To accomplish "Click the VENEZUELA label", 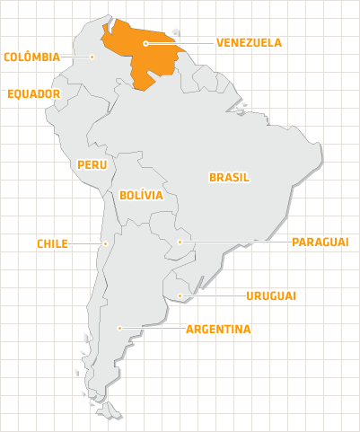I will point(249,42).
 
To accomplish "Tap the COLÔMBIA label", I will point(32,57).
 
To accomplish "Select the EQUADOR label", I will point(33,93).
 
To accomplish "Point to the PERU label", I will point(92,164).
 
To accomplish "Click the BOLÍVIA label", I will point(140,194).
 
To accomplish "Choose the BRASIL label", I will point(229,177).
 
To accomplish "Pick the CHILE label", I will point(52,243).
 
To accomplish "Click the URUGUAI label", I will point(271,295).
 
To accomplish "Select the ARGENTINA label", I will point(218,329).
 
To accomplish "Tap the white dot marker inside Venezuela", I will point(145,42).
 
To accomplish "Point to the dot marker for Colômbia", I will point(92,57).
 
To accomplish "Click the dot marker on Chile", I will point(105,242).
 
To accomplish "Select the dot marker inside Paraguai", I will point(180,242).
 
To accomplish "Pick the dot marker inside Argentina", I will point(119,329).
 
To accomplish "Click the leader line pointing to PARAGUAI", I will point(233,242).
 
